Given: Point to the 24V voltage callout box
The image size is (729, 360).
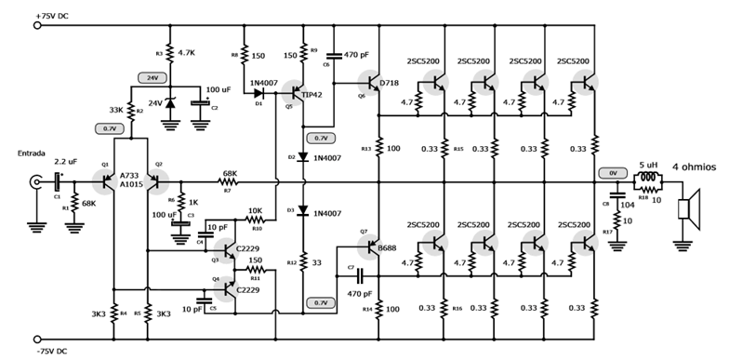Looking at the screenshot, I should click(x=150, y=78).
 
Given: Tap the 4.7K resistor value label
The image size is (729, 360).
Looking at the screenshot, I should click(x=187, y=54).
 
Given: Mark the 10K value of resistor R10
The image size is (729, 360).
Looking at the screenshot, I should click(x=257, y=211).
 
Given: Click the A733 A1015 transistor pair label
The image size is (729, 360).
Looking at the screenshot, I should click(x=132, y=180).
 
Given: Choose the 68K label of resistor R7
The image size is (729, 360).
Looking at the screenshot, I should click(x=229, y=173).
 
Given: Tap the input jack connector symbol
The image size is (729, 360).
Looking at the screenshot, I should click(x=37, y=182).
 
